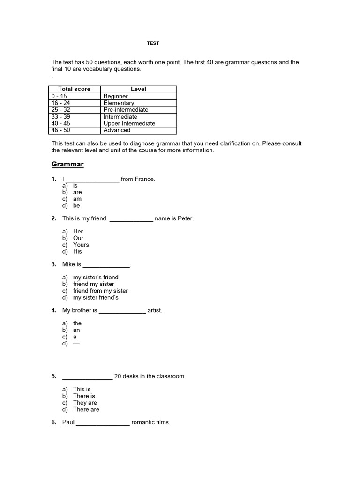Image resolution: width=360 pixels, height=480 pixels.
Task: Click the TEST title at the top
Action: (x=153, y=43)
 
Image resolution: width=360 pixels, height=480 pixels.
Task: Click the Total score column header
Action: (x=74, y=89)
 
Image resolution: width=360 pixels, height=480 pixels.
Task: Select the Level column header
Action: (x=138, y=89)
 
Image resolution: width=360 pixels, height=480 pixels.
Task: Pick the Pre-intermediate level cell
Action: (x=126, y=110)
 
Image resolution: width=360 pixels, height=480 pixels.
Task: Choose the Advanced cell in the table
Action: (x=117, y=130)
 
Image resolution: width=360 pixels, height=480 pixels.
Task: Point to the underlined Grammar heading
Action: (x=67, y=165)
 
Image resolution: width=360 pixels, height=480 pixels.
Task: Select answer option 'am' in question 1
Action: (x=77, y=199)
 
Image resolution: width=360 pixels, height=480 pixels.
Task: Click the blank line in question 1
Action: (x=92, y=179)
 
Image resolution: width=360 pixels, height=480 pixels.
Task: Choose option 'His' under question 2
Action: (x=77, y=251)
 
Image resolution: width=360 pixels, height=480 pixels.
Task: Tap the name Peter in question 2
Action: (x=185, y=218)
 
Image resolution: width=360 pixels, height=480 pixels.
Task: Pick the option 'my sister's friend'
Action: (x=96, y=277)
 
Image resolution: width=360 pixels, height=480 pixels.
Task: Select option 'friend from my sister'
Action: (x=100, y=291)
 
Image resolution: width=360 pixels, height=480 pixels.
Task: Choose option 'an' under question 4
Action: (x=76, y=330)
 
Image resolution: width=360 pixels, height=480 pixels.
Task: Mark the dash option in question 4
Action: (x=76, y=343)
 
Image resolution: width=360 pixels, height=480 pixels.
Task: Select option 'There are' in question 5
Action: (x=86, y=409)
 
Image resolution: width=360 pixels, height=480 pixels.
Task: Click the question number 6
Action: (x=54, y=422)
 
